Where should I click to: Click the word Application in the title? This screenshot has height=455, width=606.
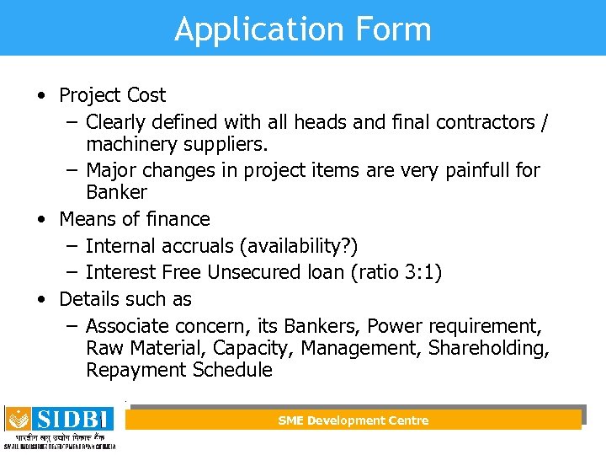tap(245, 29)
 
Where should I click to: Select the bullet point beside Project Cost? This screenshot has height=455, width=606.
tap(41, 95)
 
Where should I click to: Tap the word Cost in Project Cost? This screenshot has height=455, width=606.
tap(146, 95)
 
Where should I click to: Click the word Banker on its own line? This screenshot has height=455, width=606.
tap(116, 192)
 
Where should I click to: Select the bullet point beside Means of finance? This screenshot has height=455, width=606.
tap(41, 219)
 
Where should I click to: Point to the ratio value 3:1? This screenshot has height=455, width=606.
tap(420, 272)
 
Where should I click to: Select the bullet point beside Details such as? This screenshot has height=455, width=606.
tap(41, 299)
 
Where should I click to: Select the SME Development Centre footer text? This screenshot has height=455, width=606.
tap(353, 420)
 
